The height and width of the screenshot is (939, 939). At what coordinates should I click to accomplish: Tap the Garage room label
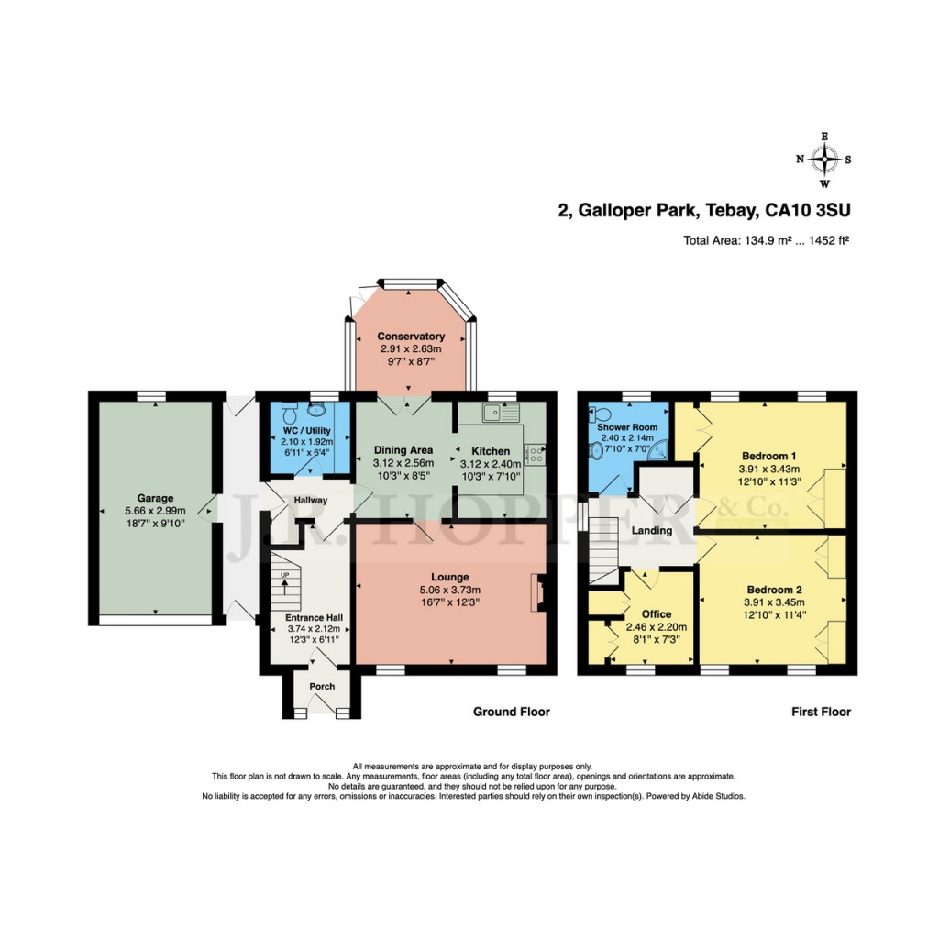(156, 498)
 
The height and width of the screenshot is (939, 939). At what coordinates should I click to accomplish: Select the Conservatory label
(411, 336)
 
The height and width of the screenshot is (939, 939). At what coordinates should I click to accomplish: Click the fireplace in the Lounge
(539, 592)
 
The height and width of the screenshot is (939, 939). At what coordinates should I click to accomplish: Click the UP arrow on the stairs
(284, 580)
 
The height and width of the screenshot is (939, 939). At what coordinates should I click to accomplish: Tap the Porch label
(321, 687)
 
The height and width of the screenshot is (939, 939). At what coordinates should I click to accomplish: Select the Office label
(656, 613)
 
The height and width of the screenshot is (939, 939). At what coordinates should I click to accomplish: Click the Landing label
(652, 530)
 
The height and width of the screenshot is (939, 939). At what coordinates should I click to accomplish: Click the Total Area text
(767, 242)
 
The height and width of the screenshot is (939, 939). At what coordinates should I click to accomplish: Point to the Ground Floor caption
(511, 712)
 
